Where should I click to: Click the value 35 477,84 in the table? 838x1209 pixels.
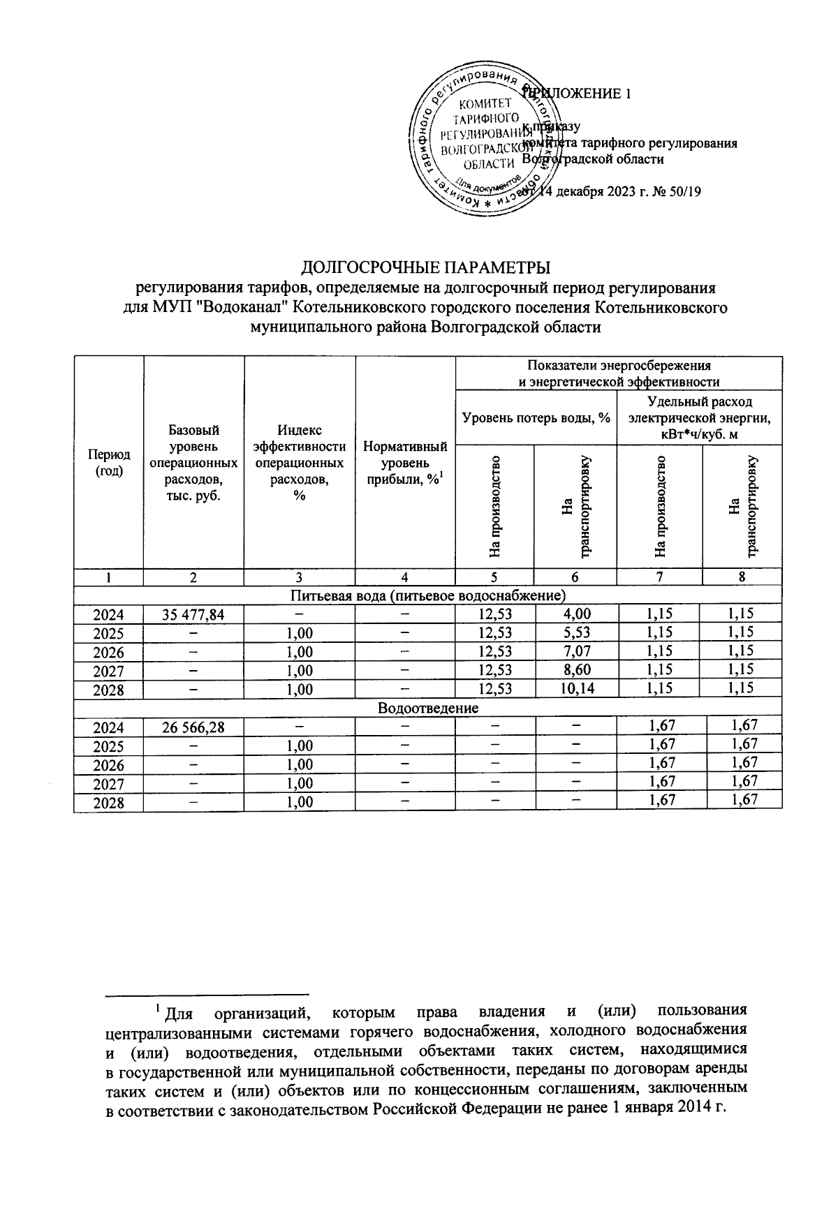[x=193, y=614]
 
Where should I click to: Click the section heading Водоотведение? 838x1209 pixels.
[x=427, y=708]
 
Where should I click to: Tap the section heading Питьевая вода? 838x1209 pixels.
[x=427, y=595]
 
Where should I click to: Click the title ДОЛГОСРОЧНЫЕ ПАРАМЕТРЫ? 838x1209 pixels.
[x=425, y=268]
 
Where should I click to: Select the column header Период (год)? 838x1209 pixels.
[x=108, y=462]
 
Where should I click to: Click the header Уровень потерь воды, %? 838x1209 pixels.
[x=536, y=417]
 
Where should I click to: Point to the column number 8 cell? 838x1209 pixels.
[x=742, y=577]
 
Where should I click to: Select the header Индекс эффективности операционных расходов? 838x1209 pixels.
[x=299, y=462]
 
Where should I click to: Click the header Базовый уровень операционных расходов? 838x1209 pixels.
[x=193, y=462]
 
